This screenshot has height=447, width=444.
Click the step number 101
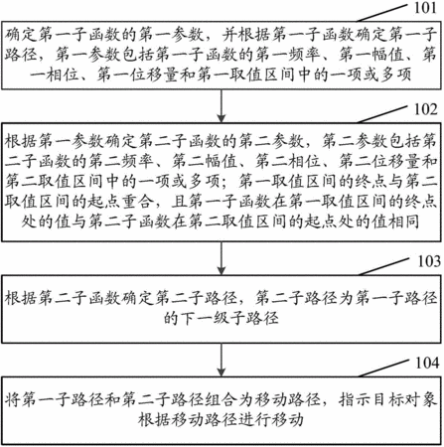(x=425, y=7)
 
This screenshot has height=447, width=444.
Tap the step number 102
(x=426, y=109)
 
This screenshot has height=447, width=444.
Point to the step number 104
(x=427, y=363)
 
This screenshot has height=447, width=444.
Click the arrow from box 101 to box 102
(x=222, y=106)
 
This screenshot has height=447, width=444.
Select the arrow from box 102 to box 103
(x=222, y=258)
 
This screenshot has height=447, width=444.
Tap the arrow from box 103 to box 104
(x=222, y=360)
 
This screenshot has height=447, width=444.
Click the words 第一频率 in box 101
(x=288, y=55)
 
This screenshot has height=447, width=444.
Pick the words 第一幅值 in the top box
(x=371, y=55)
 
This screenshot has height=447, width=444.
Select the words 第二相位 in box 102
(x=288, y=161)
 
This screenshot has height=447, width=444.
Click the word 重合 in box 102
(x=137, y=202)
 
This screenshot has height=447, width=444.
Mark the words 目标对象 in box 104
(x=404, y=400)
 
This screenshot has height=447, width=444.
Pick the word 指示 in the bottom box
(x=355, y=400)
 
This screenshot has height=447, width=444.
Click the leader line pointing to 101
(x=381, y=13)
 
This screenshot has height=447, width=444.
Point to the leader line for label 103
(x=384, y=266)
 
